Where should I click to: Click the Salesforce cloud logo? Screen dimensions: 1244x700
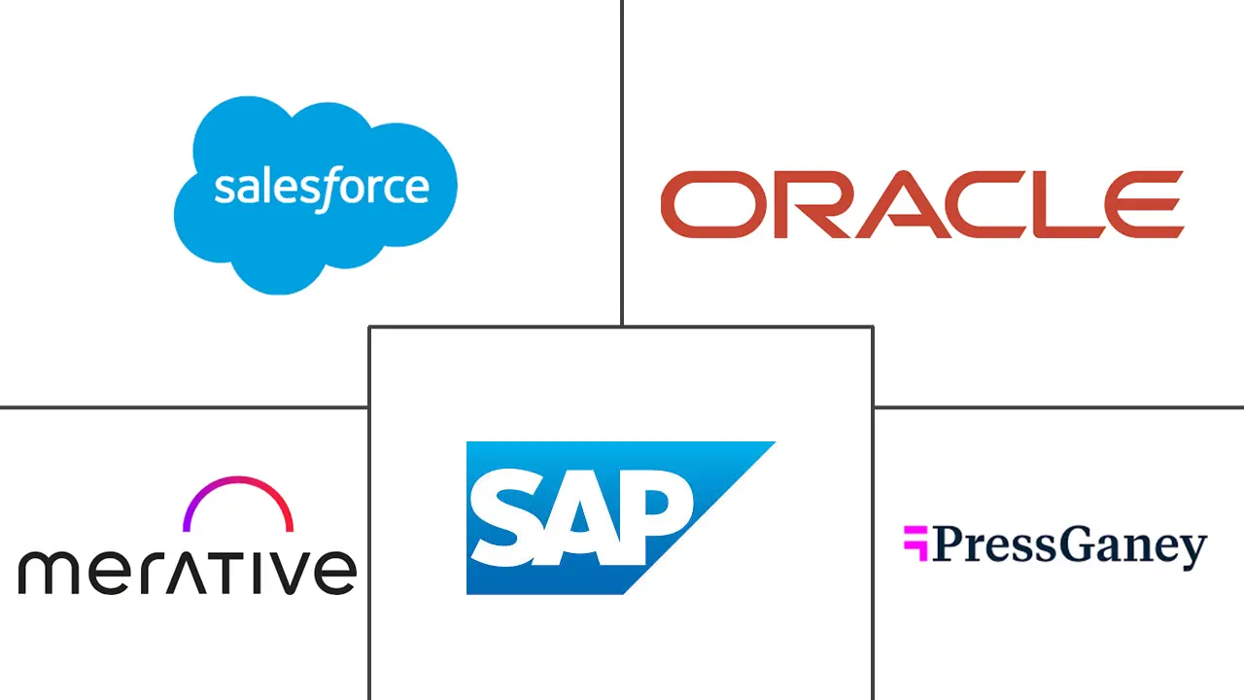click(316, 194)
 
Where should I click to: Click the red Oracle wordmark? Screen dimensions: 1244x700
click(922, 204)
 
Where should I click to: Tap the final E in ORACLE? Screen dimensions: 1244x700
click(1144, 204)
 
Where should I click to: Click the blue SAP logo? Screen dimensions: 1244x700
click(621, 518)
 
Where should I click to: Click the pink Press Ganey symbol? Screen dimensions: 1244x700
click(916, 543)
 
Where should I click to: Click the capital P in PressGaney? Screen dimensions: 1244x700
click(950, 544)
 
